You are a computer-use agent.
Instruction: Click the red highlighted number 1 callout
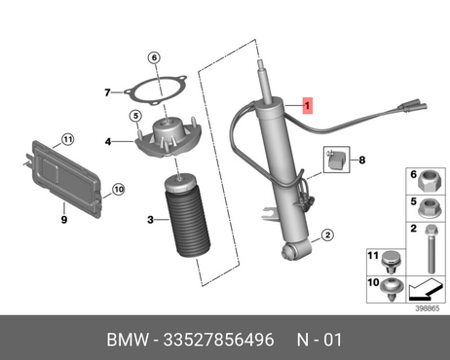pyautogui.click(x=308, y=105)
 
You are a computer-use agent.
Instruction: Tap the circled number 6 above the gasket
pyautogui.click(x=154, y=57)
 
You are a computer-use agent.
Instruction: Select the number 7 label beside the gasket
pyautogui.click(x=107, y=92)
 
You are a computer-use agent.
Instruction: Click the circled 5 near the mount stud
pyautogui.click(x=135, y=116)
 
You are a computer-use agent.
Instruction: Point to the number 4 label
pyautogui.click(x=108, y=141)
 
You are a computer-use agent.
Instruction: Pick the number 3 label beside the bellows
pyautogui.click(x=150, y=220)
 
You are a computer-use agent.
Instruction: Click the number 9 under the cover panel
pyautogui.click(x=64, y=220)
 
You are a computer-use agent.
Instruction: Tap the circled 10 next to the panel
pyautogui.click(x=119, y=189)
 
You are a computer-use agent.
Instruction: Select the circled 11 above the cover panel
pyautogui.click(x=67, y=139)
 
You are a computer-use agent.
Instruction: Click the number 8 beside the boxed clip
pyautogui.click(x=362, y=160)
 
